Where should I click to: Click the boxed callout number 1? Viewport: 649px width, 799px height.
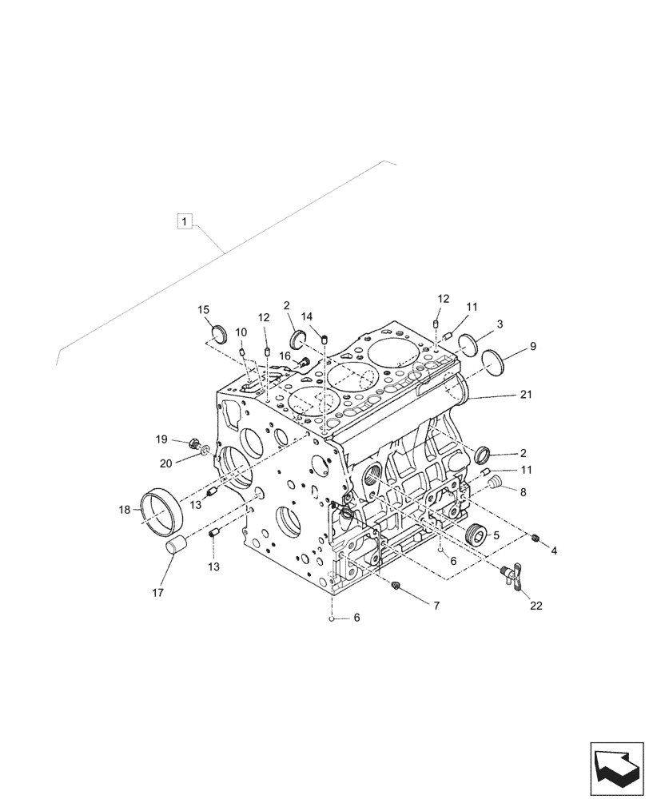point(185,221)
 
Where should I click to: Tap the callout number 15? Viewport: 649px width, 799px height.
point(204,310)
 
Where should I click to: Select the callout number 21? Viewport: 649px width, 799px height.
point(525,394)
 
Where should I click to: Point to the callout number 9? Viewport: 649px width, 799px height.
point(532,346)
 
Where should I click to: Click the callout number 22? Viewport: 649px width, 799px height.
point(535,606)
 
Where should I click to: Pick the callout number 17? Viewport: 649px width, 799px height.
point(157,592)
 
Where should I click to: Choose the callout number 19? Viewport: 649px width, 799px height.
point(161,439)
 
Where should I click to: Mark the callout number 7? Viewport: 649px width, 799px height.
point(436,607)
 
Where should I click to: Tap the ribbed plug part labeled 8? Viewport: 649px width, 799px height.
point(494,484)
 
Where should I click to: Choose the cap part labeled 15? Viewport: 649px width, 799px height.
point(220,332)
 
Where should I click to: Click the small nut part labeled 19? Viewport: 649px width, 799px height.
point(193,443)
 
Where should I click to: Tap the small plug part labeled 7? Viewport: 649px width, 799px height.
point(395,588)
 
